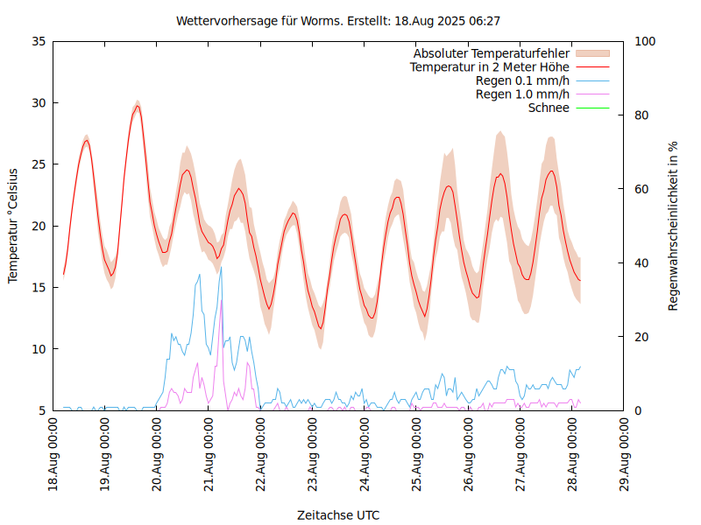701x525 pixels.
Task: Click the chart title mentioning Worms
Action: (x=338, y=20)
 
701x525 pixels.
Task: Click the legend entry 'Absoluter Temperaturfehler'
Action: (x=492, y=54)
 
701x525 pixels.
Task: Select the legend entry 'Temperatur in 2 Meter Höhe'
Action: (x=490, y=67)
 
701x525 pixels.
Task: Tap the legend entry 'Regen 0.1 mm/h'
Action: (x=522, y=80)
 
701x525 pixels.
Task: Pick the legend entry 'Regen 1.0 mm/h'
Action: (x=522, y=94)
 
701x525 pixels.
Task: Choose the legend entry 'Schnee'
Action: (x=549, y=108)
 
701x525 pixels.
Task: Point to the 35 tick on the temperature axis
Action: (x=39, y=41)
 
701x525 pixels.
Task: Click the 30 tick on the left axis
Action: (x=39, y=102)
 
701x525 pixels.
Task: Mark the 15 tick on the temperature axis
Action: (x=39, y=287)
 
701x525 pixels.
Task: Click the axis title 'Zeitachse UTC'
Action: (x=338, y=514)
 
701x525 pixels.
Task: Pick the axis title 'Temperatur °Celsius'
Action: (x=13, y=226)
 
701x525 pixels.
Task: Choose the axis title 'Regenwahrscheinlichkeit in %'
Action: (x=674, y=226)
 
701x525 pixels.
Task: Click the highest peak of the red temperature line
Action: (x=138, y=106)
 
